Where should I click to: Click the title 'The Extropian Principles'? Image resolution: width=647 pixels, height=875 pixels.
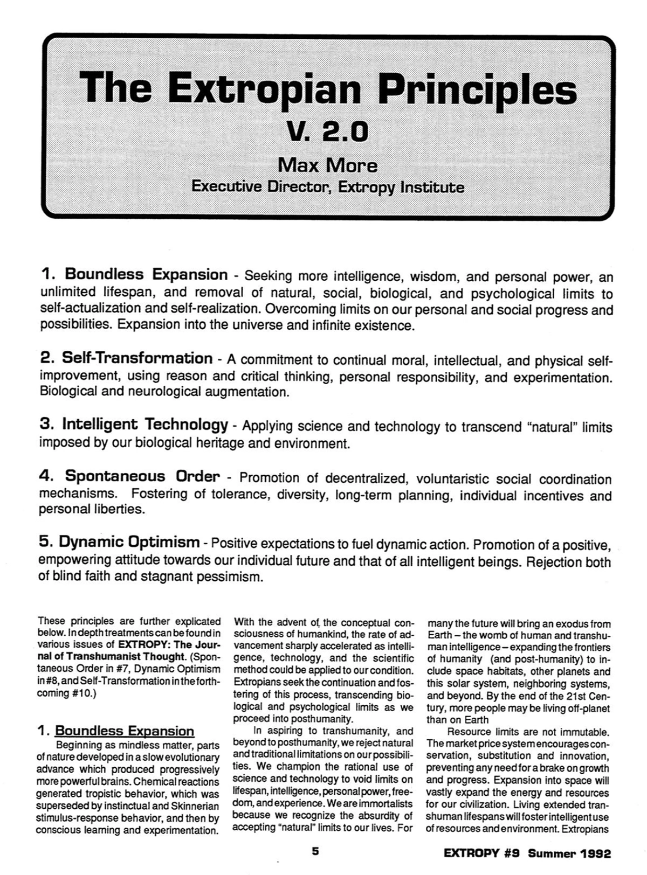coord(328,89)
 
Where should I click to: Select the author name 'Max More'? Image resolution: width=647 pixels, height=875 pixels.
coord(328,164)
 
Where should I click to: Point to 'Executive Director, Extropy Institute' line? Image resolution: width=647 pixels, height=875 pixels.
coord(328,187)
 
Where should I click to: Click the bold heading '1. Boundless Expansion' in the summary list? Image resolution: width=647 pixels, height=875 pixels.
coord(134,275)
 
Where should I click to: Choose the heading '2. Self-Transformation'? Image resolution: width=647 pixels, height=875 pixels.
coord(126,358)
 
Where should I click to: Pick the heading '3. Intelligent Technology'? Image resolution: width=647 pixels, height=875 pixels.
coord(134,425)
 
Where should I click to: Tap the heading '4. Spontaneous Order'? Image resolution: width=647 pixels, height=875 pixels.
coord(129,476)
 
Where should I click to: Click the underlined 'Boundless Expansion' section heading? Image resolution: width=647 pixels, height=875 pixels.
coord(124,731)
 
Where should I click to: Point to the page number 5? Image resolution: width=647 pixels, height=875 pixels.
coord(315,852)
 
